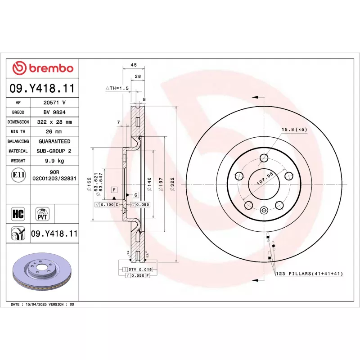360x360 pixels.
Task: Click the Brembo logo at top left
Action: tap(43, 68)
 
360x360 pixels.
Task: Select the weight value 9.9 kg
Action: tap(54, 161)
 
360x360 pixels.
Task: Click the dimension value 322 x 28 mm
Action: tap(54, 122)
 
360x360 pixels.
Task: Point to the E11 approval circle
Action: tap(18, 175)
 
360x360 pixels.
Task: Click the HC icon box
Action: tap(18, 214)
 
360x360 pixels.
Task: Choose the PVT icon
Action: tap(42, 214)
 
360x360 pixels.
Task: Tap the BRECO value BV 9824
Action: tap(54, 112)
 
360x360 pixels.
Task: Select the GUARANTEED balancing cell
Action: tap(54, 141)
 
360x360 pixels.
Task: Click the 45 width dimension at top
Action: tap(134, 65)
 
